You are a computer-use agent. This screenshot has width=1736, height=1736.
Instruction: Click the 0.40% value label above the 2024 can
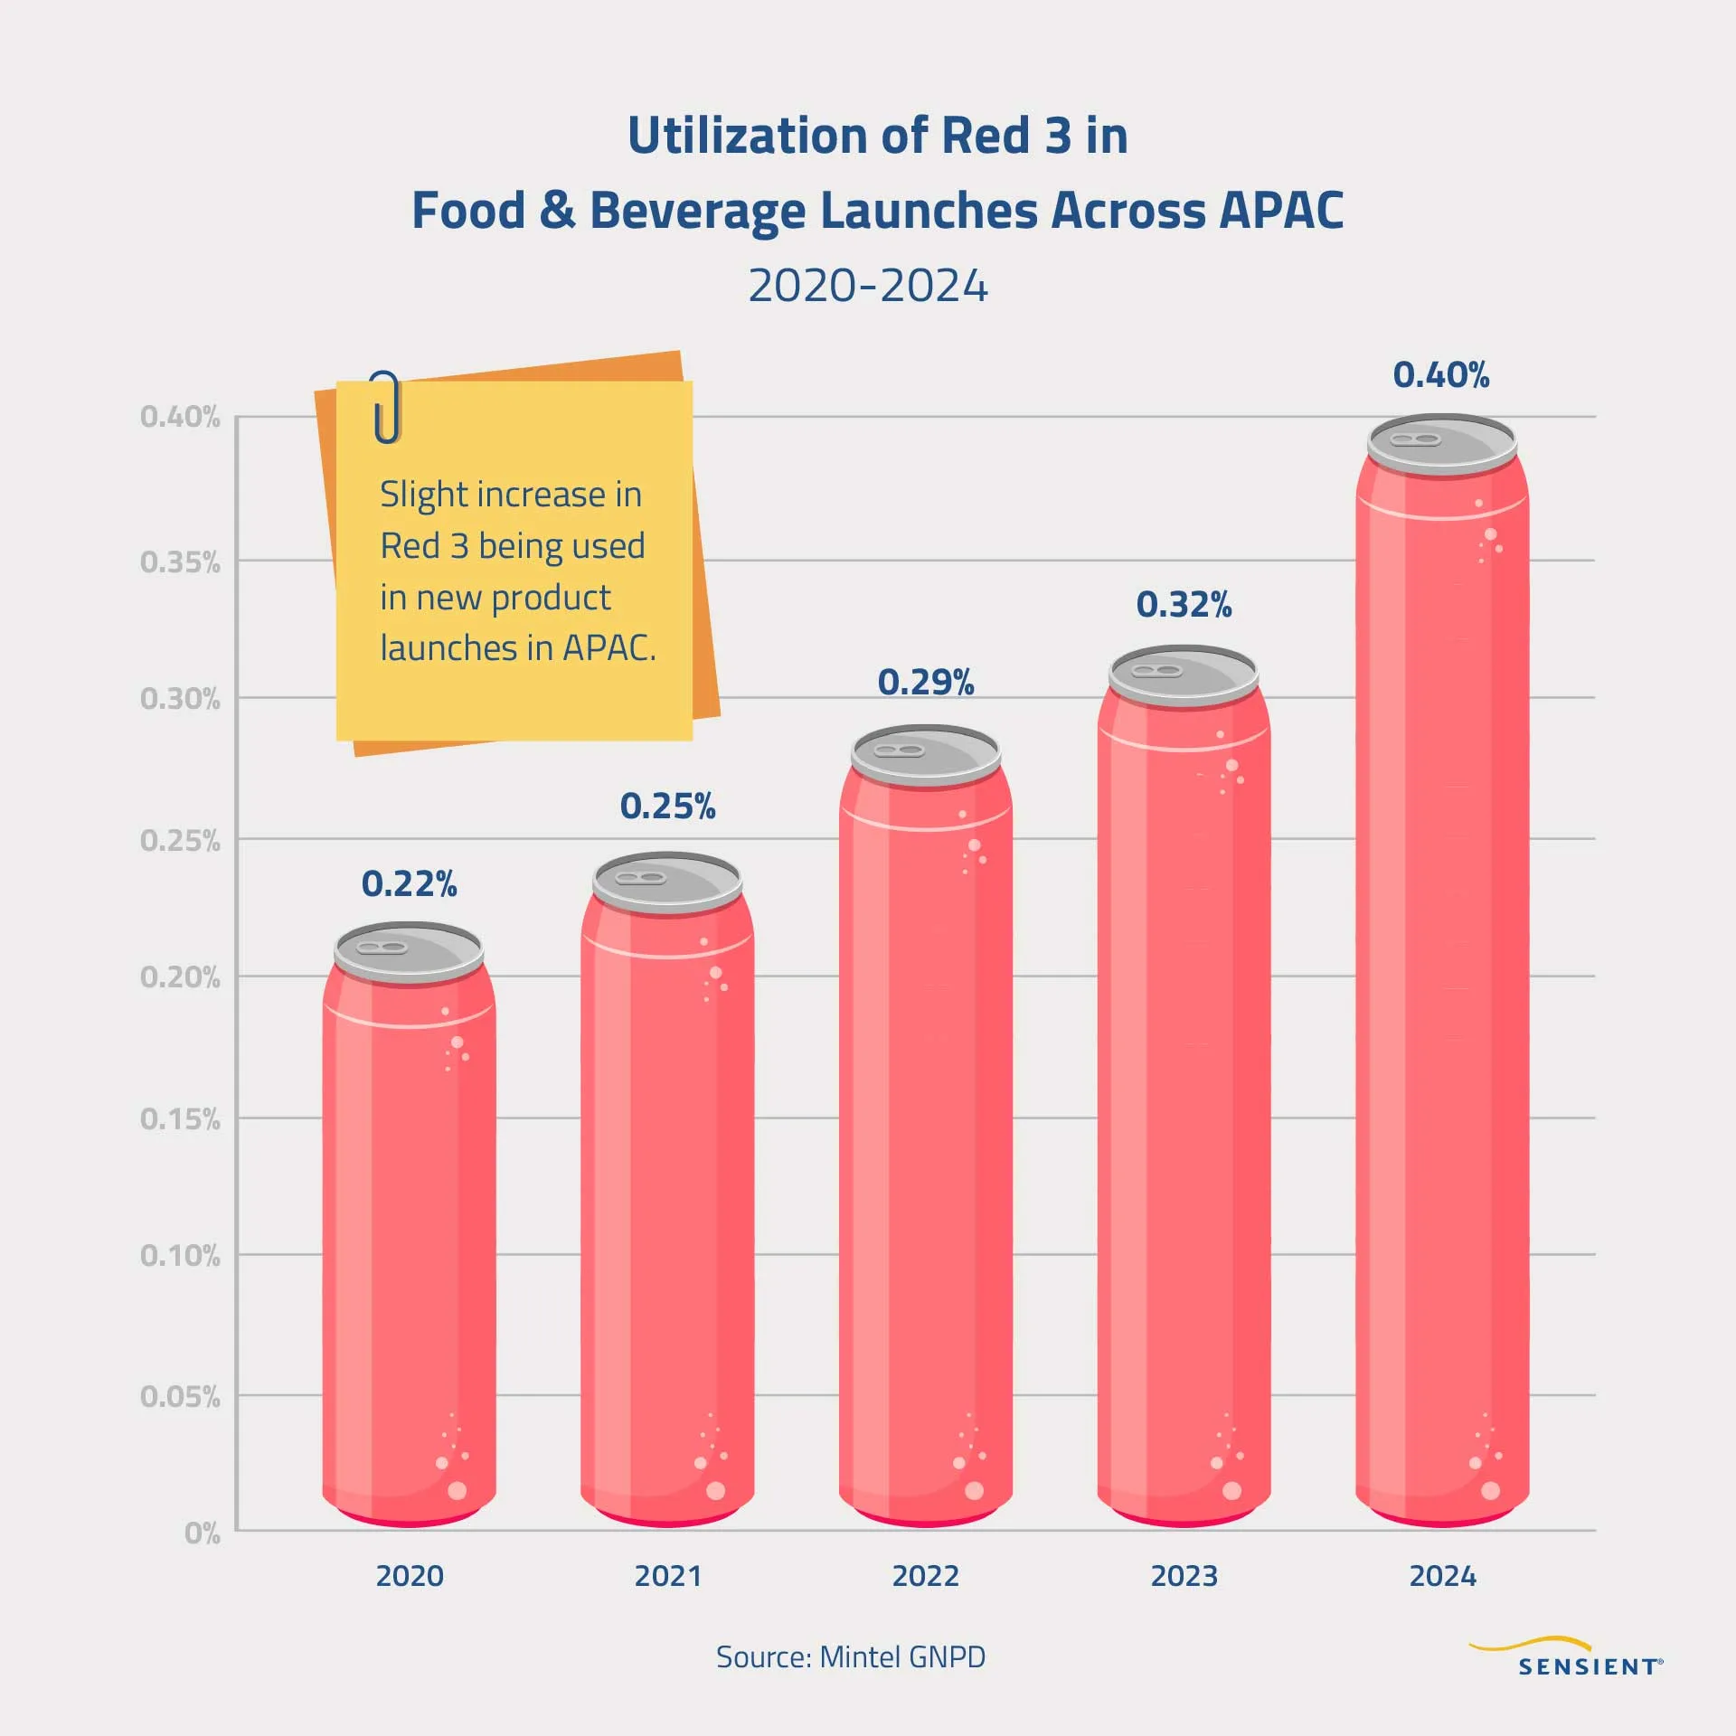(1440, 375)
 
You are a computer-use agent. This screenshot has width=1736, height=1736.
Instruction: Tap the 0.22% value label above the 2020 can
(409, 884)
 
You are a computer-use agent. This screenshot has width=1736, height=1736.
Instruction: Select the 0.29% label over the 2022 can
(925, 683)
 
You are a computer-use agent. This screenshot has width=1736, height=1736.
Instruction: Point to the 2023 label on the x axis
(1184, 1576)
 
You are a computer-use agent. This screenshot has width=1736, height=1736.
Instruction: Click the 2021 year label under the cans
(667, 1576)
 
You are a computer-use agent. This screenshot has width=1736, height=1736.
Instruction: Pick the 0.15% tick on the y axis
(180, 1119)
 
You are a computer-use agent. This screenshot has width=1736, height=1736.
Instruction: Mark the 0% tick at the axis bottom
(202, 1533)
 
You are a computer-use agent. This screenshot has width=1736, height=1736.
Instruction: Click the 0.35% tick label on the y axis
(180, 562)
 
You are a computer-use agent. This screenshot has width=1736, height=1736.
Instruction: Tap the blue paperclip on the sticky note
(387, 407)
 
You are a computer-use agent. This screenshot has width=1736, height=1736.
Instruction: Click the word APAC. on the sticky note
(609, 648)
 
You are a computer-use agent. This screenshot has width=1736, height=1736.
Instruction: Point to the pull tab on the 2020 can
(382, 948)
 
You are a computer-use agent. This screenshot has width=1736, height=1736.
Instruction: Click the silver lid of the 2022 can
(926, 755)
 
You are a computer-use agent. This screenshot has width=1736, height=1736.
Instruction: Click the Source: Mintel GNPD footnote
(850, 1657)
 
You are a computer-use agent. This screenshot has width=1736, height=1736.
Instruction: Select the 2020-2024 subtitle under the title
(867, 287)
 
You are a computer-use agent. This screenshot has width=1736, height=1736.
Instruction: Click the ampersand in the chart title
(557, 211)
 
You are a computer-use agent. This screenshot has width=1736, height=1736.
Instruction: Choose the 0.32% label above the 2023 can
(1184, 605)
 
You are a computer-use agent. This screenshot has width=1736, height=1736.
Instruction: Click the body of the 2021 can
(667, 1221)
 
